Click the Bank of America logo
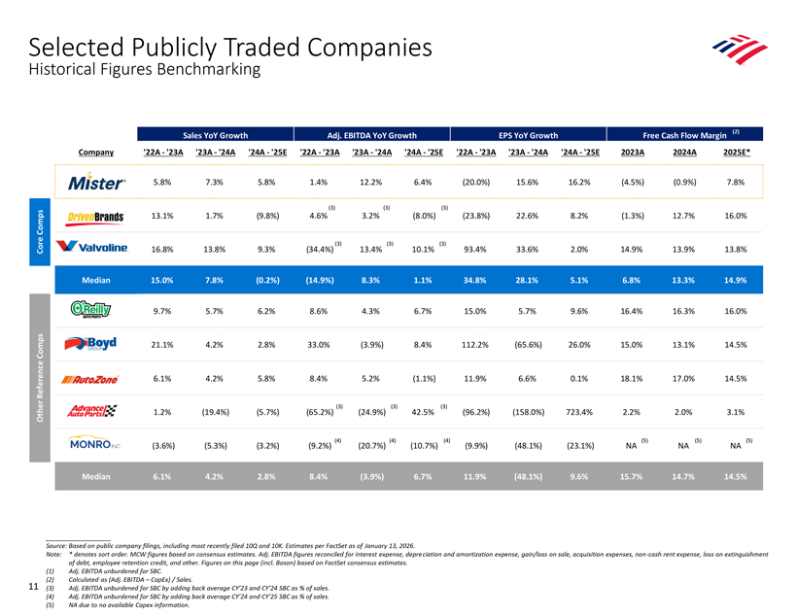[740, 50]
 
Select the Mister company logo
[96, 182]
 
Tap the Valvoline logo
[92, 247]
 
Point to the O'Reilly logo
[91, 310]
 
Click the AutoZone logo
[90, 379]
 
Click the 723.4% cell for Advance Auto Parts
[579, 412]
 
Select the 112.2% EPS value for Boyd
[474, 345]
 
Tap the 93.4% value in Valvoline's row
[474, 250]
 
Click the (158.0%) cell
[528, 412]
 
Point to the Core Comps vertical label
[40, 232]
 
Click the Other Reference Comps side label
[40, 378]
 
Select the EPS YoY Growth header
[528, 135]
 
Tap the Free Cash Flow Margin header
[684, 135]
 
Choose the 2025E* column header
[737, 152]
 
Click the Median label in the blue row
[96, 280]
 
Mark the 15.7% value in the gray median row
[632, 477]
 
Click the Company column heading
[96, 152]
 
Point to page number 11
[34, 587]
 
